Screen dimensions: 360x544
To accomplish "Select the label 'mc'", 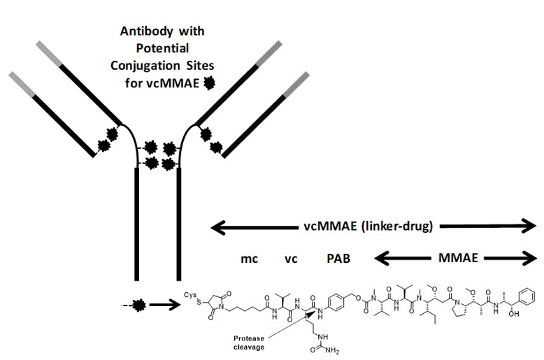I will click(x=249, y=259).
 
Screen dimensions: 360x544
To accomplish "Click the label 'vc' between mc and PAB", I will click(x=291, y=259).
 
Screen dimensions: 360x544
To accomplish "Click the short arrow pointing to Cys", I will click(x=166, y=305).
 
